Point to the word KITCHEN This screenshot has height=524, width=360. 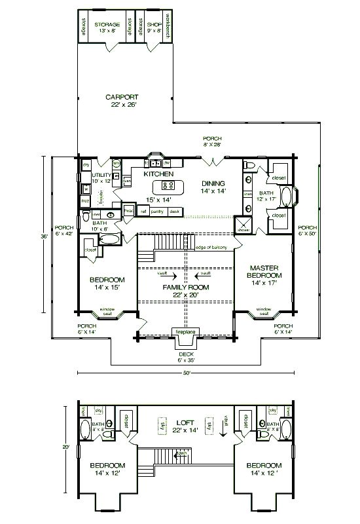158,174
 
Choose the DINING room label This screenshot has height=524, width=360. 213,183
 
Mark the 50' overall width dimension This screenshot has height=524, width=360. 186,373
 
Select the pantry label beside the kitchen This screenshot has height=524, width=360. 158,212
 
